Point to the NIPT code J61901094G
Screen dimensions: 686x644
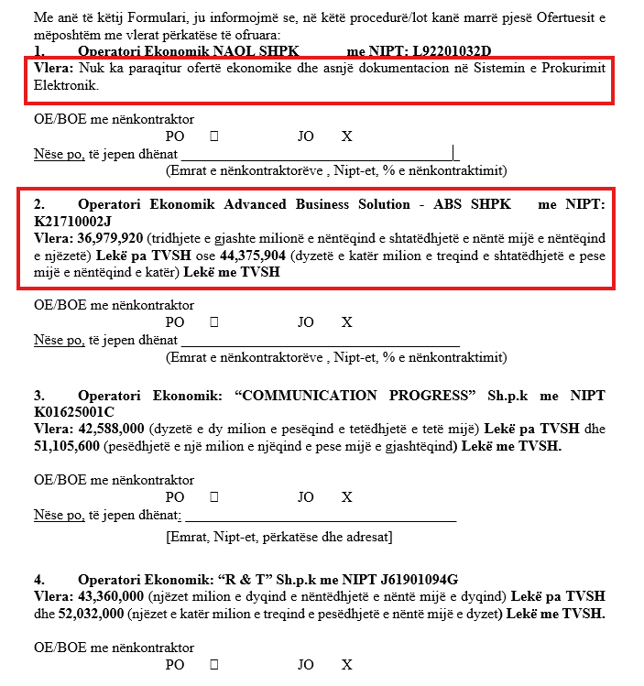tap(410, 579)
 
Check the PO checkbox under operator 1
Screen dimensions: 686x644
tap(214, 136)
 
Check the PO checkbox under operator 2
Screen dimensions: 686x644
tap(214, 322)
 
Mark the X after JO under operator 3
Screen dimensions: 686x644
tap(346, 497)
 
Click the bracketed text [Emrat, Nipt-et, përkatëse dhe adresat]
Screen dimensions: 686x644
tap(279, 537)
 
